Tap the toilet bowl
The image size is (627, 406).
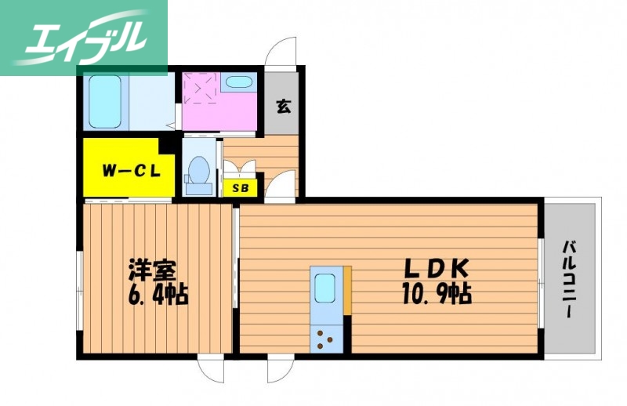(x=198, y=171)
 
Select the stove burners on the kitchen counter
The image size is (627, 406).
(x=324, y=339)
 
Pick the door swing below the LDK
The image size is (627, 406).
(x=279, y=369)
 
